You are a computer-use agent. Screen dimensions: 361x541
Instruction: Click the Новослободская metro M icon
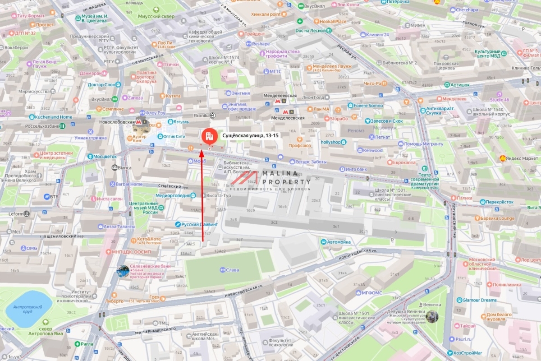coord(138,121)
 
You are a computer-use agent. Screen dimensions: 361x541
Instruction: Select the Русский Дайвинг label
coord(199,224)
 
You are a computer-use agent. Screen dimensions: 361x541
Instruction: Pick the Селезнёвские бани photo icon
coord(122,271)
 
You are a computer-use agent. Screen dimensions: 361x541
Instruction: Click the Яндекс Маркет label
coord(522,158)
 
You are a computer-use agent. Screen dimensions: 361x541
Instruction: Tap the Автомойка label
coord(338,242)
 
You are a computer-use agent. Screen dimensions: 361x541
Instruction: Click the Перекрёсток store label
coord(500,202)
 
